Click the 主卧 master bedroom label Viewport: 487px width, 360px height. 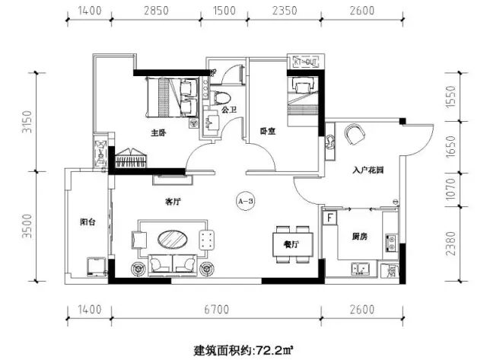158,132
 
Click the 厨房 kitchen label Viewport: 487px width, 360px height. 359,237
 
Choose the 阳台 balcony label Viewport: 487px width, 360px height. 88,223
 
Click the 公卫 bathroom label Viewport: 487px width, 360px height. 230,111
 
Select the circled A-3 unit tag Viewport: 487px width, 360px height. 245,201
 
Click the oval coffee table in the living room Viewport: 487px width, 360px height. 174,238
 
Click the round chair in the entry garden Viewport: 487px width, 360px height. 355,135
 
